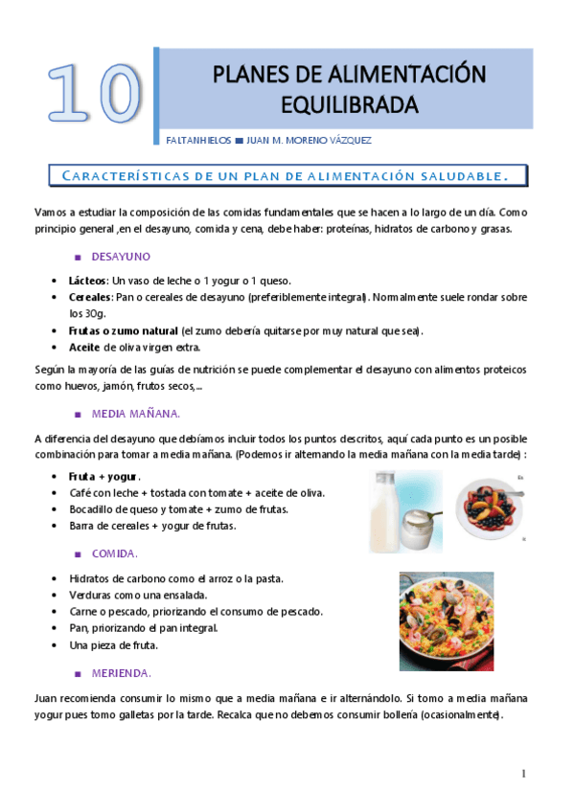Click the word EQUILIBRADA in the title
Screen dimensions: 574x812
(343, 103)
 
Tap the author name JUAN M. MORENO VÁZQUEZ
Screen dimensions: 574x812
(309, 141)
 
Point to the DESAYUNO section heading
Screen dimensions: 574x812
(120, 257)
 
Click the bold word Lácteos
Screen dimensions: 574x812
(88, 281)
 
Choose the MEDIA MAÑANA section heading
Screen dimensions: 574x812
(135, 414)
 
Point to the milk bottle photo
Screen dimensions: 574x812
(405, 512)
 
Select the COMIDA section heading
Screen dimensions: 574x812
(114, 554)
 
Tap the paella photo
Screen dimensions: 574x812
(446, 620)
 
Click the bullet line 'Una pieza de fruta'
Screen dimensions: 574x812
(113, 645)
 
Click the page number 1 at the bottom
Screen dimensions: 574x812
(524, 774)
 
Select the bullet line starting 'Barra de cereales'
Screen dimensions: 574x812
(152, 526)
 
